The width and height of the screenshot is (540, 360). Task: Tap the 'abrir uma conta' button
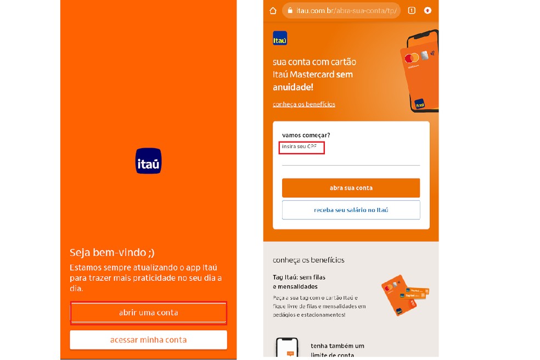pos(148,313)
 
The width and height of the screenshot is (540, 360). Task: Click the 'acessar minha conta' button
pos(148,340)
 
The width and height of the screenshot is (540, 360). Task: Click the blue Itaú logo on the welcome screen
pos(148,161)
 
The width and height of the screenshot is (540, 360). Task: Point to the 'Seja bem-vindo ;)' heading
pos(112,252)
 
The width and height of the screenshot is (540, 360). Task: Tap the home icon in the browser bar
pos(273,10)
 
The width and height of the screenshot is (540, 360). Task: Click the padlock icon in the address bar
pos(290,10)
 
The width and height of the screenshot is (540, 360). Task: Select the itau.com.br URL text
pos(346,10)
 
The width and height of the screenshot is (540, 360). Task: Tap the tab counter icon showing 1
pos(412,10)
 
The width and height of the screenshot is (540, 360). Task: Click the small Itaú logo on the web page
pos(280,38)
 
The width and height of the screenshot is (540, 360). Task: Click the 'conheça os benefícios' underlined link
pos(304,104)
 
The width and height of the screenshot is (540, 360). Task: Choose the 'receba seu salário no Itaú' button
pos(351,210)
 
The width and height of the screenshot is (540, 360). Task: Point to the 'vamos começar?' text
pos(306,135)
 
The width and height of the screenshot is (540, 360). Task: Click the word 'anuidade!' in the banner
pos(293,87)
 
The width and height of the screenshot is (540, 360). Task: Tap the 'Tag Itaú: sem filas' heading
pos(299,278)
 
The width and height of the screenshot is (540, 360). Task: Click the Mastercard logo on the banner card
pos(412,58)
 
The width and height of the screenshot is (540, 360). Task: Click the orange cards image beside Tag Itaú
pos(404,294)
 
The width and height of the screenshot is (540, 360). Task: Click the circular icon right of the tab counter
pos(428,10)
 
